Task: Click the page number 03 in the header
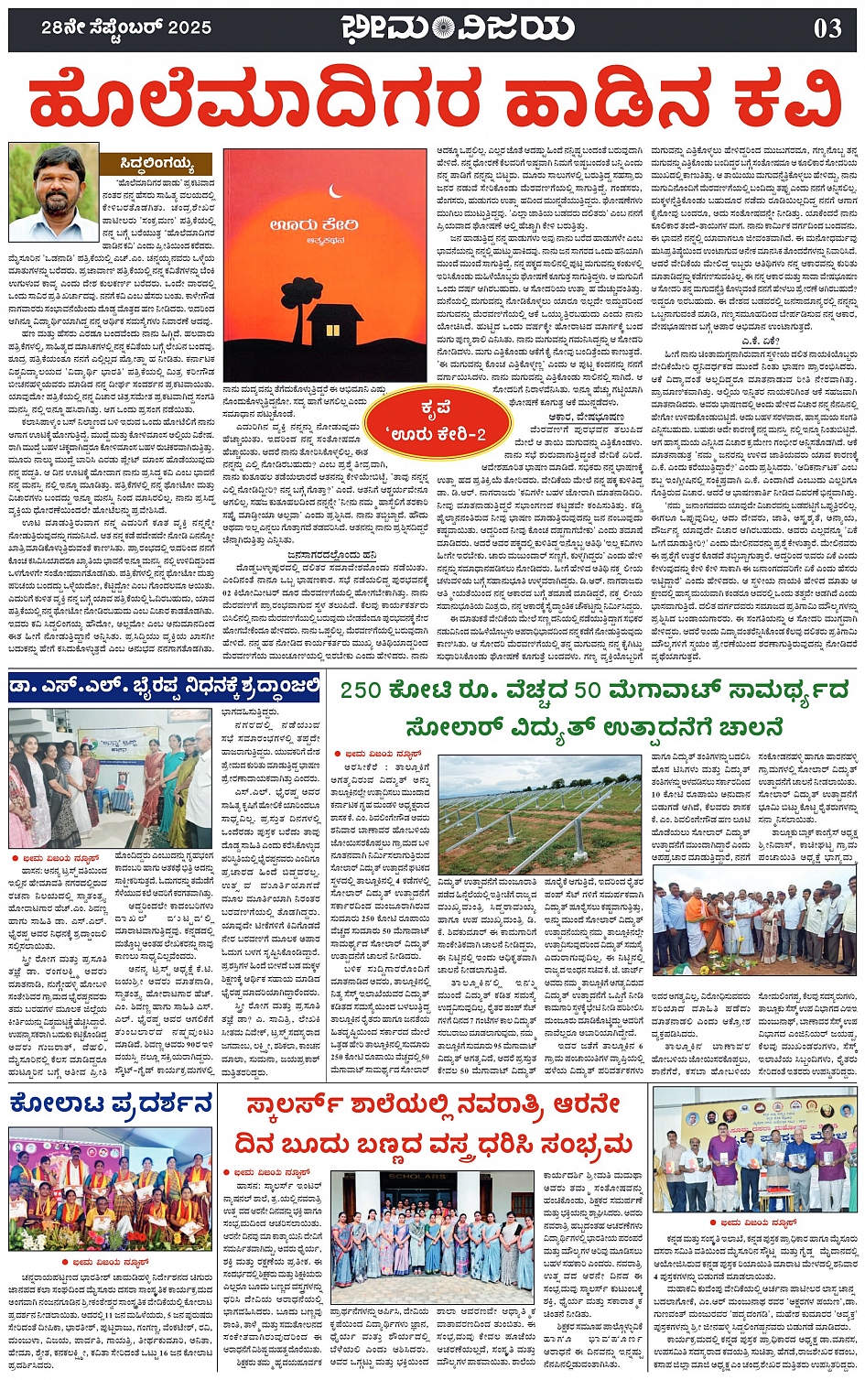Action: [827, 28]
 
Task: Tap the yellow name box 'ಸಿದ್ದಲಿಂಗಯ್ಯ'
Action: [157, 165]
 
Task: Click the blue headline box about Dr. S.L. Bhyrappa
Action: [165, 686]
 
